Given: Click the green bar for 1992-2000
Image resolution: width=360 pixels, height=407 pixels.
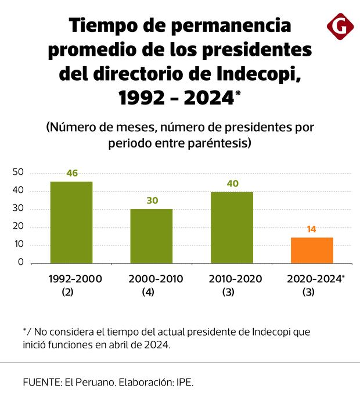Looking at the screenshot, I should pyautogui.click(x=71, y=222).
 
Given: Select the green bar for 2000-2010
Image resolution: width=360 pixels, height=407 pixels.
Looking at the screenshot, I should pyautogui.click(x=151, y=236).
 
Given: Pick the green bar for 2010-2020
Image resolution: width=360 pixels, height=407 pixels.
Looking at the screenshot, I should pyautogui.click(x=232, y=227).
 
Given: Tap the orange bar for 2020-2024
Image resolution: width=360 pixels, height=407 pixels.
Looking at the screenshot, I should pyautogui.click(x=312, y=250).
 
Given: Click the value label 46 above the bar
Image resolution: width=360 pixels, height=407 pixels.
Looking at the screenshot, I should pyautogui.click(x=72, y=173).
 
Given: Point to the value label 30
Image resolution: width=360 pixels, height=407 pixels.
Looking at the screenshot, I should pyautogui.click(x=152, y=200).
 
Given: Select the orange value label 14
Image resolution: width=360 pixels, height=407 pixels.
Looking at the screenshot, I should pyautogui.click(x=311, y=229).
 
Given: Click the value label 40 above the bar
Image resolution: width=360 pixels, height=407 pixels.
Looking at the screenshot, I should pyautogui.click(x=232, y=183).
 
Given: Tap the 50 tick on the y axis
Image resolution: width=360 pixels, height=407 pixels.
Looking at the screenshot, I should pyautogui.click(x=17, y=172).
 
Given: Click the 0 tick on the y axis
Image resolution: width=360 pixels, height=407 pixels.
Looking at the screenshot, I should pyautogui.click(x=20, y=262).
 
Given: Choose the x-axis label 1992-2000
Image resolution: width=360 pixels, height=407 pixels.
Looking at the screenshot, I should pyautogui.click(x=76, y=279).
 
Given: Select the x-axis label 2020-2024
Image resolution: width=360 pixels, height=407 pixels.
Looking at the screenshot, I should pyautogui.click(x=314, y=279).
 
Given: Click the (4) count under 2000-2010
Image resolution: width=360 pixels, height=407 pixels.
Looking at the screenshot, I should pyautogui.click(x=148, y=293).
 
